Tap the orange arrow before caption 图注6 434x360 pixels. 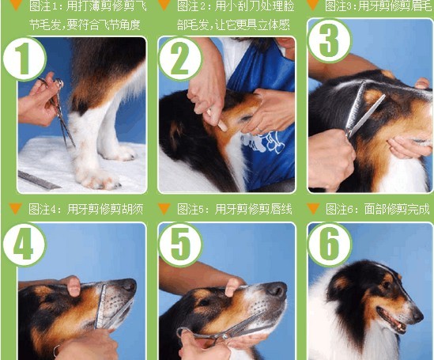[x=312, y=209]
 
